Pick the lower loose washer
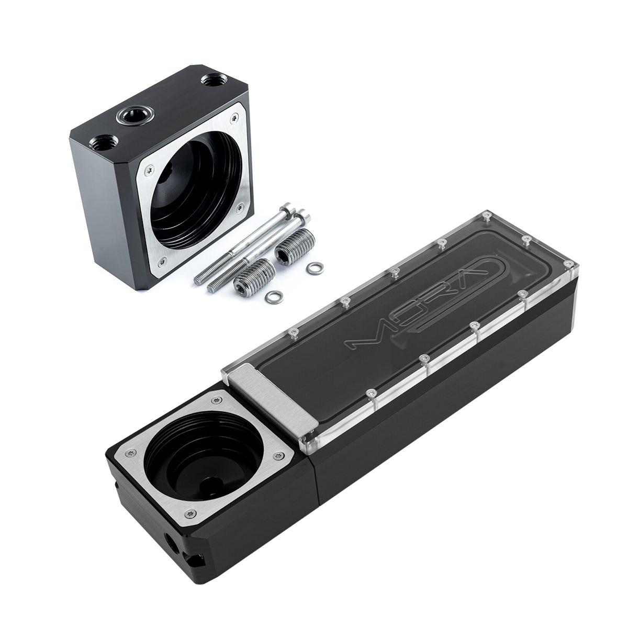tap(274, 296)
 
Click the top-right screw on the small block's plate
tap(235, 117)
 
